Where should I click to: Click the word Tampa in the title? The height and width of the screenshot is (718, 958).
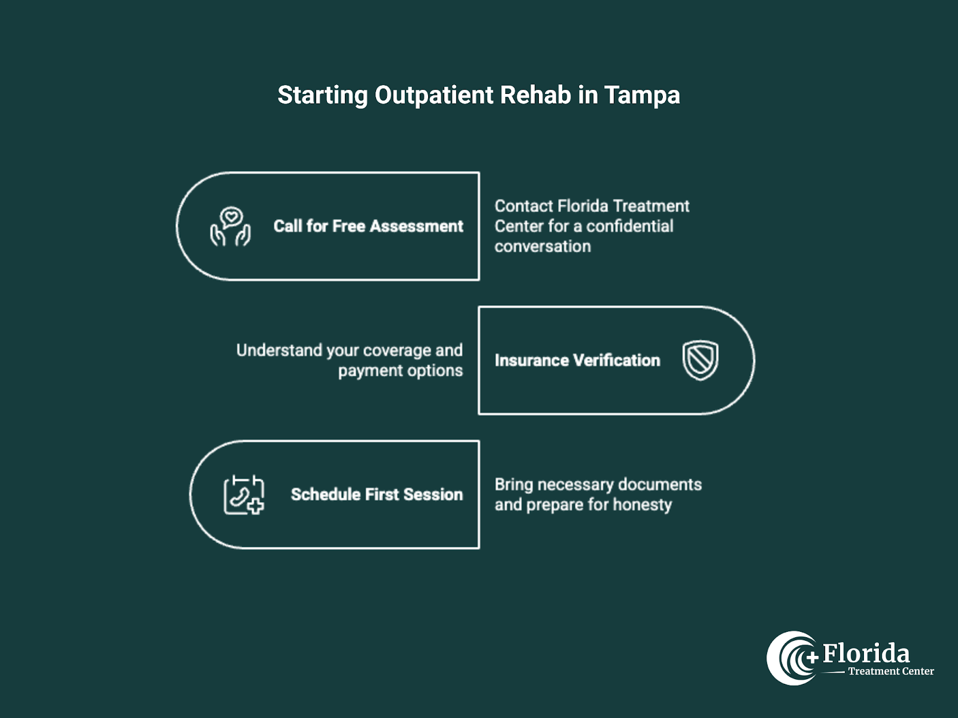tap(642, 96)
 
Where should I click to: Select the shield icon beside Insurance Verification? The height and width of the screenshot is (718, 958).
tap(700, 360)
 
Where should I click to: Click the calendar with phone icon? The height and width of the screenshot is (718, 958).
tap(244, 495)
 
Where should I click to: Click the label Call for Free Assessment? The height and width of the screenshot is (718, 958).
tap(368, 226)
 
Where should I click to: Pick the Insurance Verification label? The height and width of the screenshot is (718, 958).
tap(577, 360)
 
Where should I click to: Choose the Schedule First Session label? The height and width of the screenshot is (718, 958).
tap(377, 494)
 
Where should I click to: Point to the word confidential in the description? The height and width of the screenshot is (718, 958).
tap(629, 226)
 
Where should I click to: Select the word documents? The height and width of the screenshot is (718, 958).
tap(659, 484)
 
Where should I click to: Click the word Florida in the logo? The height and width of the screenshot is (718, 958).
tap(866, 653)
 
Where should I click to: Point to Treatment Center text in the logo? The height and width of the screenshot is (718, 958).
tap(890, 671)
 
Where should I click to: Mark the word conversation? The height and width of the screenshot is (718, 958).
tap(542, 247)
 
